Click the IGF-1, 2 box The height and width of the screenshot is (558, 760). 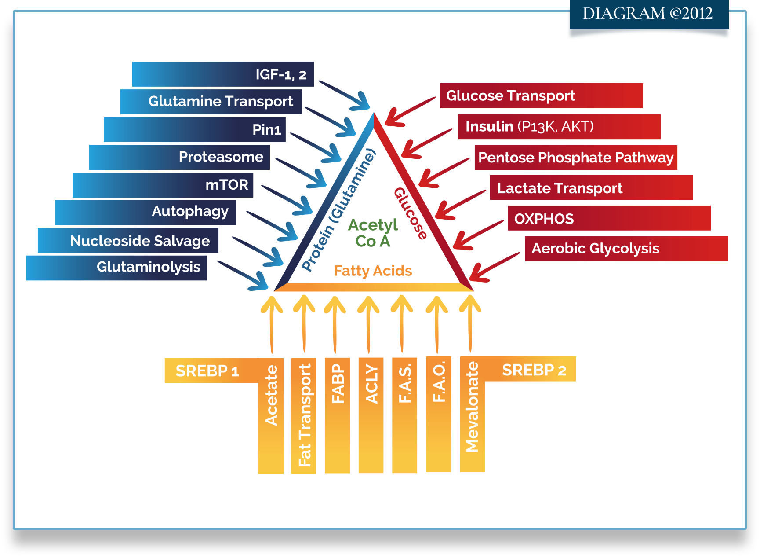(223, 74)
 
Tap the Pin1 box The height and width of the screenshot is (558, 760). (195, 129)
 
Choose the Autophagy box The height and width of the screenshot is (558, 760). (145, 213)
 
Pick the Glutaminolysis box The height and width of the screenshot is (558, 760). (116, 268)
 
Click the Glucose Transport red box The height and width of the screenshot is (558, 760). (542, 95)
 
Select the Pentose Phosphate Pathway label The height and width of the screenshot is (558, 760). (576, 158)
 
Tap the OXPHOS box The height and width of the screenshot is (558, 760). (609, 218)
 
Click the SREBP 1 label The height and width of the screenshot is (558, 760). (207, 371)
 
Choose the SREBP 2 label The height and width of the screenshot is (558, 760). (534, 370)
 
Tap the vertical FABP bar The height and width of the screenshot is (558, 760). (337, 415)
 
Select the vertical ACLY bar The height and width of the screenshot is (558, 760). (371, 415)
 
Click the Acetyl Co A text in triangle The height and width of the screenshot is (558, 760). (373, 233)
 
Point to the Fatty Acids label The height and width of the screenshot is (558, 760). (373, 271)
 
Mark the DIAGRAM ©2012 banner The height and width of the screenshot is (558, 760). (649, 14)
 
